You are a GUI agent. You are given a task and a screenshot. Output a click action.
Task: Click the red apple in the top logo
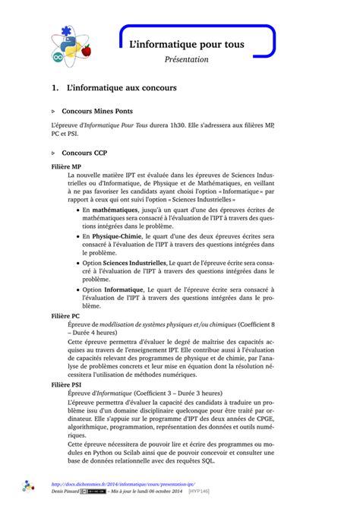[86, 50]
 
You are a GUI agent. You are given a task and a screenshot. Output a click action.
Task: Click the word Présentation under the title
[186, 59]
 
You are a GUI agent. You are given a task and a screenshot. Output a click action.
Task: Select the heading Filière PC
[65, 315]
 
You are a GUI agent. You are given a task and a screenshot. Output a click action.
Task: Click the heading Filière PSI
[67, 385]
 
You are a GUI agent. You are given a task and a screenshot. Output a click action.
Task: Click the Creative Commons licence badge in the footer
[98, 492]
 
